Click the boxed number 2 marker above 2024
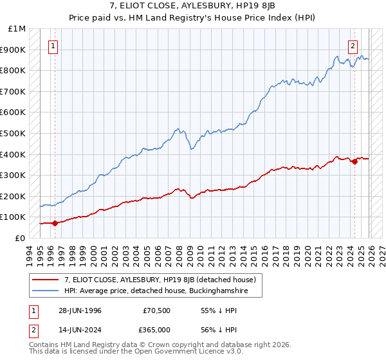coord(353,46)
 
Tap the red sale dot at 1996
coord(55,223)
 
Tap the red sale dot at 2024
coord(354,162)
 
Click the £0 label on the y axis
coord(20,238)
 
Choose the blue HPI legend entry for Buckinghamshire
coord(155,291)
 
